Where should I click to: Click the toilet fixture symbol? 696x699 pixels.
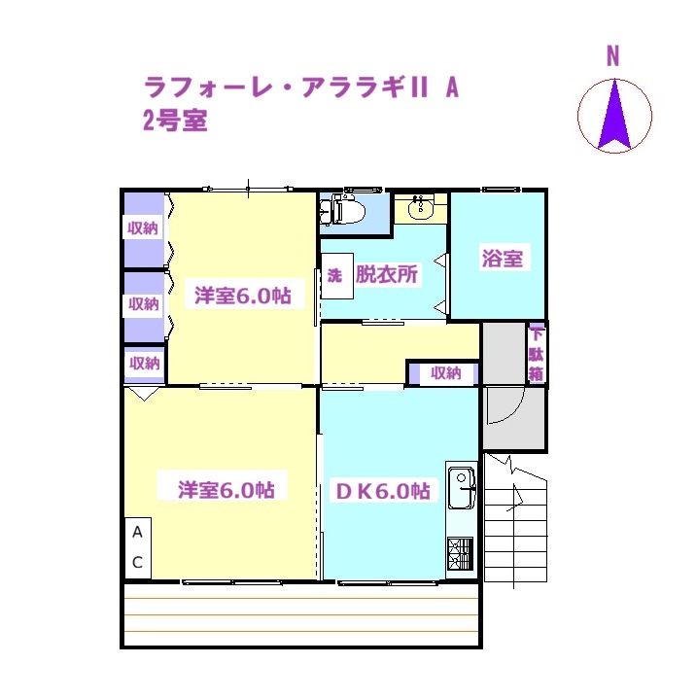(x=343, y=210)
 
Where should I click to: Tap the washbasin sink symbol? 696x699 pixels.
(x=421, y=208)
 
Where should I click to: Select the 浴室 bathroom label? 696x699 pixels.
(x=502, y=258)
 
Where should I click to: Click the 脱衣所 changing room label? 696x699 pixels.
(x=387, y=274)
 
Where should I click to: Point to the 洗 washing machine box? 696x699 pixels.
(x=337, y=276)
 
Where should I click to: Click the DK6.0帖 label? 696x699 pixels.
(x=383, y=491)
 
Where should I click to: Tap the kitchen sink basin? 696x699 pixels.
(x=462, y=487)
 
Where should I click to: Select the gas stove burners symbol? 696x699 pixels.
(x=461, y=554)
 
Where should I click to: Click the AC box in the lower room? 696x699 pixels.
(x=138, y=548)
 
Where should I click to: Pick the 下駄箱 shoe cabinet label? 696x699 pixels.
(x=536, y=355)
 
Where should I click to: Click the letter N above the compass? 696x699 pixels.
(x=613, y=56)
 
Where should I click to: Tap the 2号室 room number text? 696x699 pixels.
(x=175, y=121)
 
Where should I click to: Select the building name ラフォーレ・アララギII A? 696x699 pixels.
(x=301, y=87)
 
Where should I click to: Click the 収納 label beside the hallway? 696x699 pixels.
(x=445, y=373)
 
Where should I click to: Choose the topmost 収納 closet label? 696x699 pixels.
(x=143, y=228)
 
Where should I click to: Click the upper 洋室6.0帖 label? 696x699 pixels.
(x=243, y=296)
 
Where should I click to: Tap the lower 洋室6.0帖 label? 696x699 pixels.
(x=226, y=490)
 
